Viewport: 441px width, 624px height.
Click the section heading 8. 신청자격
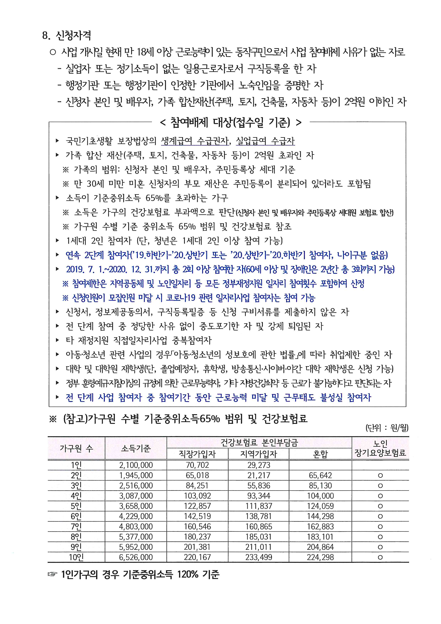tap(67, 35)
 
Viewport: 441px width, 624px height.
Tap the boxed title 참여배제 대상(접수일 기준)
tap(231, 123)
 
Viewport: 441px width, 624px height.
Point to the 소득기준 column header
tap(136, 448)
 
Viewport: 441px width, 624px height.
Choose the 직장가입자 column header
tap(197, 454)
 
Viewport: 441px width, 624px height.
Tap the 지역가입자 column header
tap(259, 454)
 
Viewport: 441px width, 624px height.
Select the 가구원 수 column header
tap(76, 448)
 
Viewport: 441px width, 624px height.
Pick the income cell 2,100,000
tap(136, 465)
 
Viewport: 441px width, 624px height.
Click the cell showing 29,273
tap(259, 465)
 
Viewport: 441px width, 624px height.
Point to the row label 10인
tap(76, 557)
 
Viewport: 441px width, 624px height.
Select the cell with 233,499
tap(259, 557)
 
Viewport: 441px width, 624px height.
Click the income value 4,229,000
tap(136, 516)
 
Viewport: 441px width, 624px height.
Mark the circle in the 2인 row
tap(380, 475)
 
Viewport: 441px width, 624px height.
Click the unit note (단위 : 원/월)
tap(387, 428)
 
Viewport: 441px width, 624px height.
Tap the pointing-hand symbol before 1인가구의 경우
tap(52, 574)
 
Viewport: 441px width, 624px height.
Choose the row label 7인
tap(76, 526)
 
